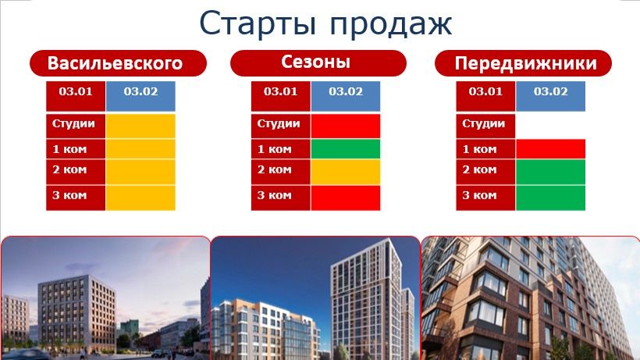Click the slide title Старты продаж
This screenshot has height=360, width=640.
pos(325,23)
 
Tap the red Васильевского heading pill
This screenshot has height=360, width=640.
pos(117,63)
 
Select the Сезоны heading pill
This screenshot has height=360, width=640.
pos(318,62)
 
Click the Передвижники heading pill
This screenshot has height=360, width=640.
pos(522,63)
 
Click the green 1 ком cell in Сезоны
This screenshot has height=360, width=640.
pos(345,149)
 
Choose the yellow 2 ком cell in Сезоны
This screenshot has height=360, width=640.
pos(345,171)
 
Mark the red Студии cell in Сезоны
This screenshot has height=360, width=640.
pos(345,125)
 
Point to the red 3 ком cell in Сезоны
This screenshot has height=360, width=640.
pos(345,197)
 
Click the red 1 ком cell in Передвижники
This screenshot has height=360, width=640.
pos(550,148)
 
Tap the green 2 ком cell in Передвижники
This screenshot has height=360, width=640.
pos(550,171)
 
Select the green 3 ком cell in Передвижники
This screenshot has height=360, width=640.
pos(550,197)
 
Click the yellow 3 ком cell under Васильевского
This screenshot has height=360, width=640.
pos(140,197)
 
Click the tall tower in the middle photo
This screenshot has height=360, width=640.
pos(365,297)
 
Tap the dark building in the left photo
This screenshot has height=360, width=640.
pos(76,312)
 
